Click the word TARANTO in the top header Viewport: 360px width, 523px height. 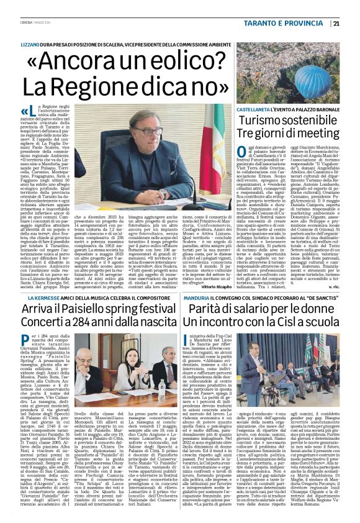click(x=262, y=24)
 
